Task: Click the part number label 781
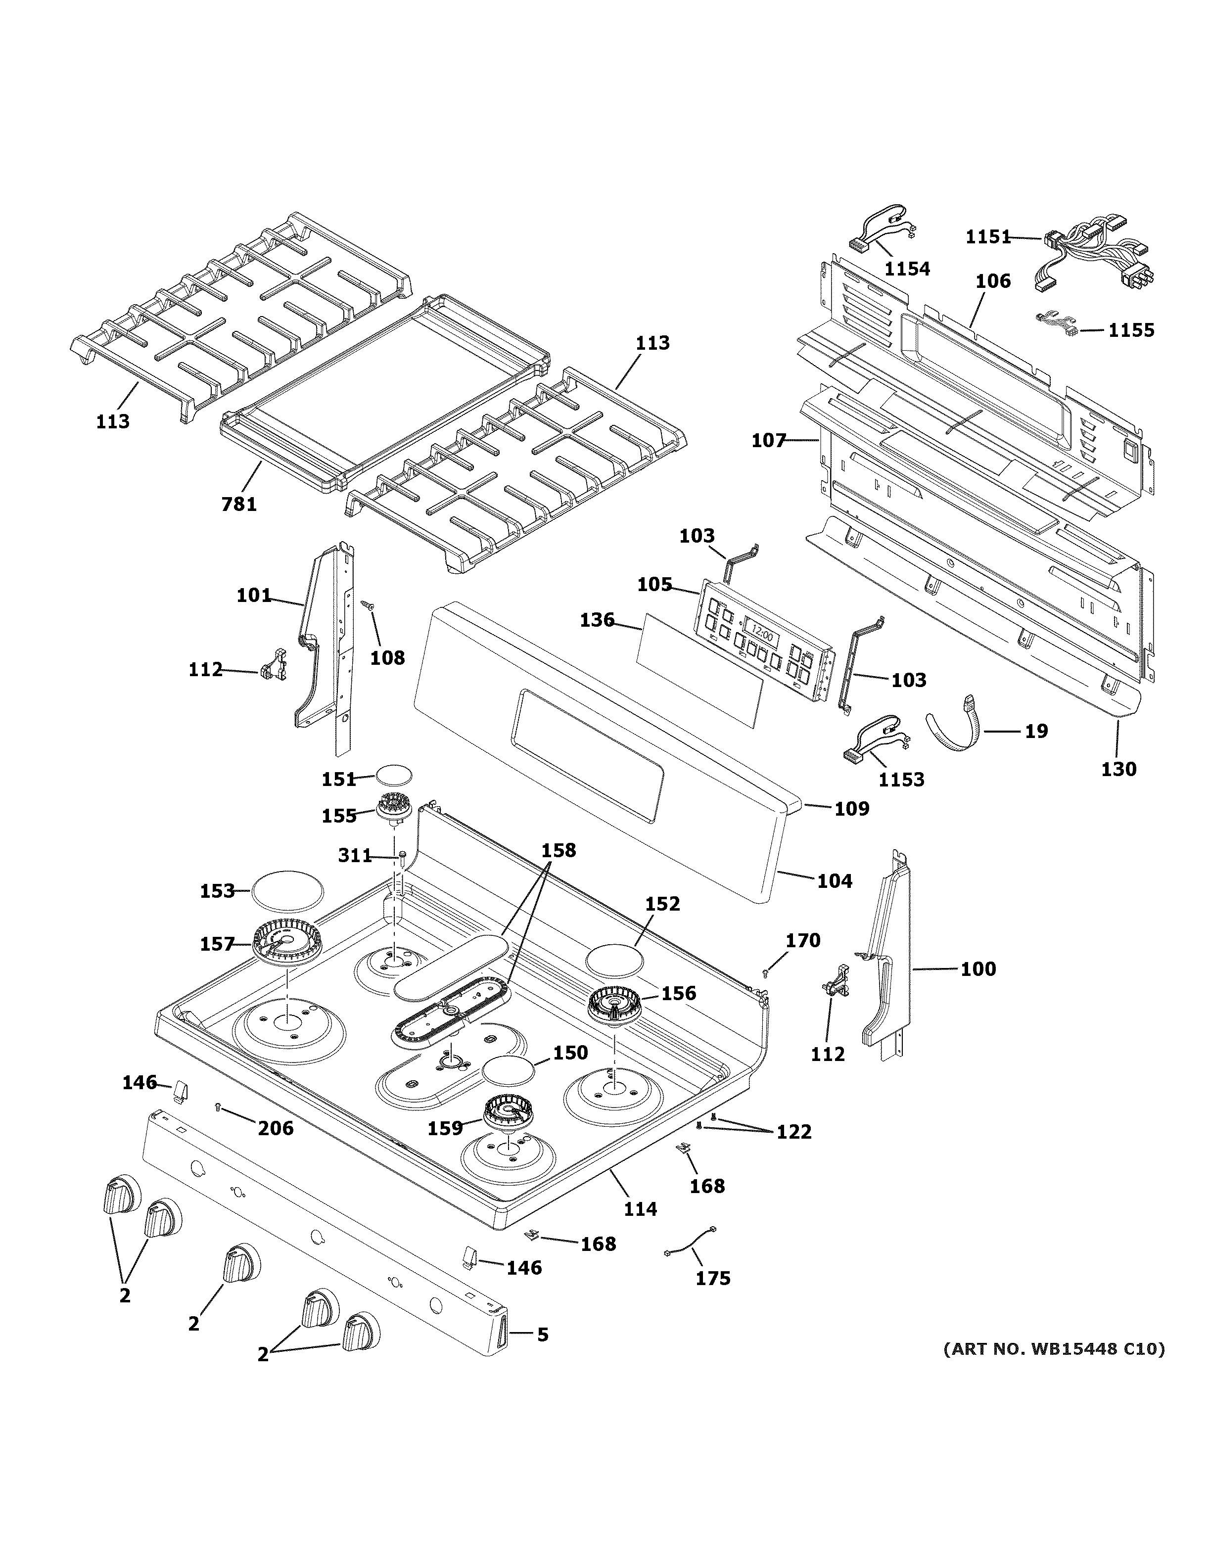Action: click(x=239, y=505)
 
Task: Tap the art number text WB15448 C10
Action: click(x=1054, y=1349)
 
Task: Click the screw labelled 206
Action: click(x=219, y=1108)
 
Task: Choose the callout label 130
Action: click(x=1118, y=769)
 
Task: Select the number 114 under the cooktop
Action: click(x=640, y=1209)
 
